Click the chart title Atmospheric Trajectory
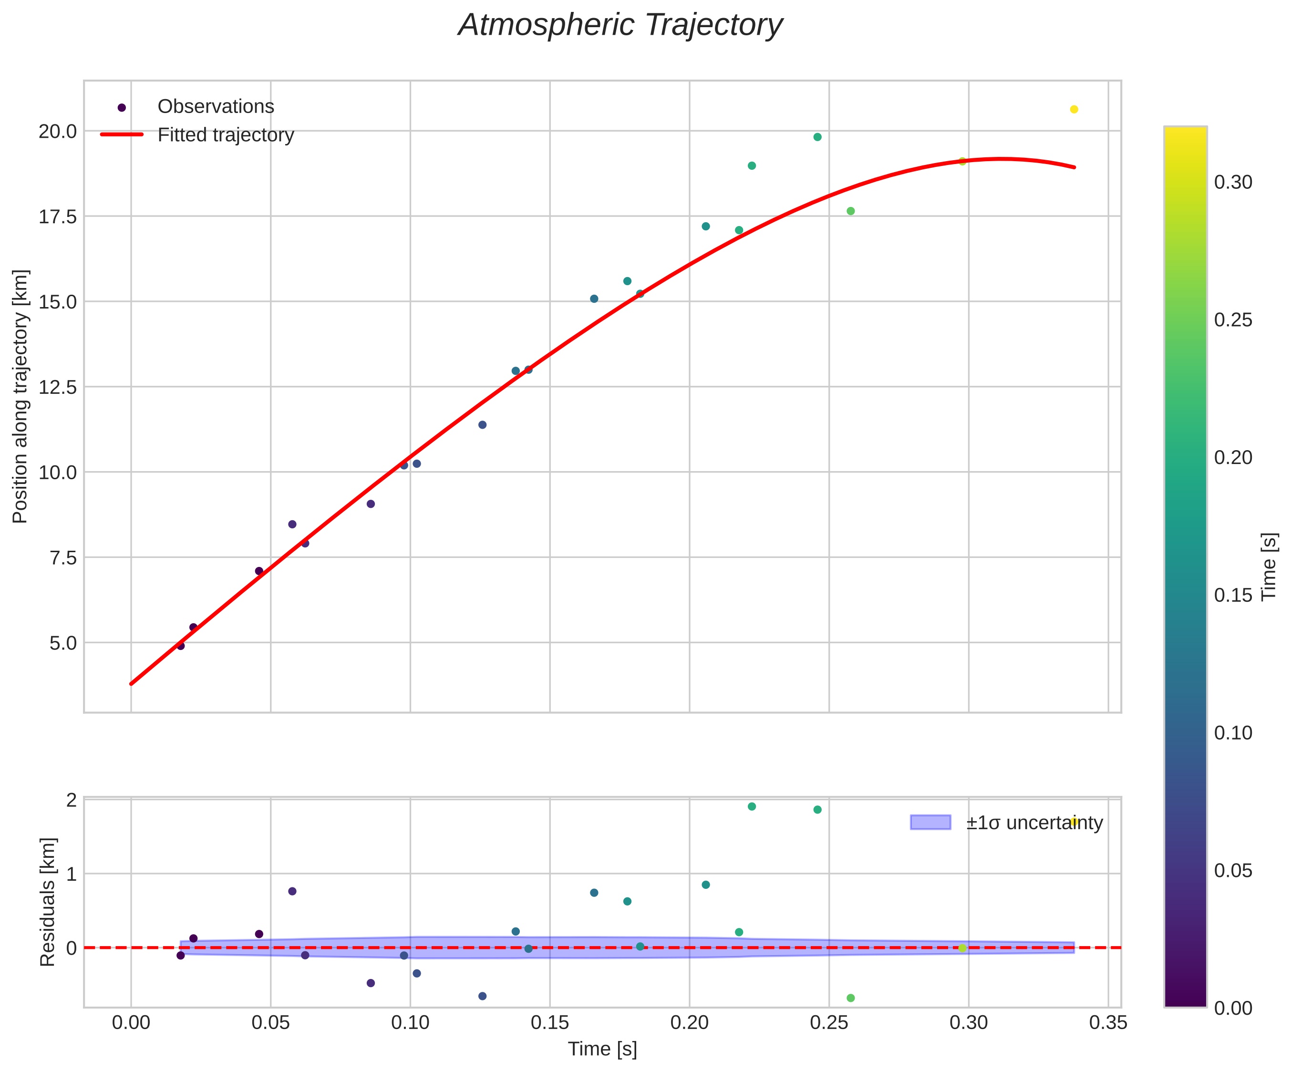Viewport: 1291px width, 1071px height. tap(620, 26)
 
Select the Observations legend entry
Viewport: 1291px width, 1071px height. tap(215, 107)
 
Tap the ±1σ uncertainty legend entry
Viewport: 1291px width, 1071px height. tap(1034, 823)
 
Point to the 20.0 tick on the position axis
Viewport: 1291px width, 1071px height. tap(58, 132)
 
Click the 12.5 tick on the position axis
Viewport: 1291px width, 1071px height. tap(58, 387)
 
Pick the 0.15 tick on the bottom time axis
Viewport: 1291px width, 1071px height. tap(549, 1023)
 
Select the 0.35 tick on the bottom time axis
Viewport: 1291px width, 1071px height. tap(1108, 1023)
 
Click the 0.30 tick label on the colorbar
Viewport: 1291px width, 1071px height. tap(1233, 183)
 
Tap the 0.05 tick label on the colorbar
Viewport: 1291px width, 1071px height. tap(1233, 871)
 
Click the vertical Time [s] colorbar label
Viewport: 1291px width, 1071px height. tap(1269, 566)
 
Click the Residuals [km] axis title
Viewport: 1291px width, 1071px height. tap(47, 901)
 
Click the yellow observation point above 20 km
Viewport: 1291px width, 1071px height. tap(1074, 109)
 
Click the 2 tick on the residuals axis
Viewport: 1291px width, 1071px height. tap(72, 800)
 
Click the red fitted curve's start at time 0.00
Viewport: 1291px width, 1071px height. tap(132, 683)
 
